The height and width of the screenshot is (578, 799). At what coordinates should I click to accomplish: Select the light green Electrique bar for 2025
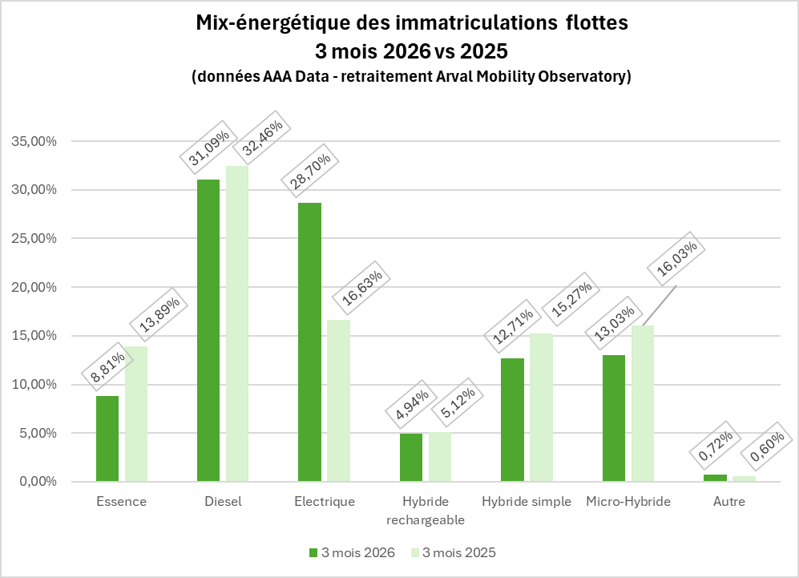click(338, 401)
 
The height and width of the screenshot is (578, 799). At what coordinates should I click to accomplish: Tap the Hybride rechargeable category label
click(426, 510)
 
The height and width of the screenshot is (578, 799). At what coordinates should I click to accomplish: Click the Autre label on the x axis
click(728, 502)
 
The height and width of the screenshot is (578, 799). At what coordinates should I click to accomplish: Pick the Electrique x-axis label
click(325, 502)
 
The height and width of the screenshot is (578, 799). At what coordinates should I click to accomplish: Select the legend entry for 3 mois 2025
click(453, 552)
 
